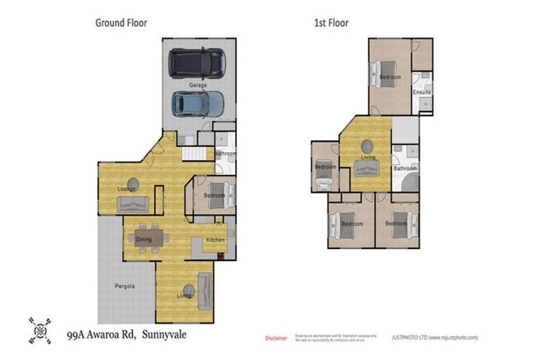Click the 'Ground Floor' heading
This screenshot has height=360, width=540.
pyautogui.click(x=121, y=22)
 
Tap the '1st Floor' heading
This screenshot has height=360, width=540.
pyautogui.click(x=330, y=22)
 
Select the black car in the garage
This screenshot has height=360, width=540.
pyautogui.click(x=197, y=63)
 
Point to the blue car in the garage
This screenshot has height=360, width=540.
pyautogui.click(x=198, y=104)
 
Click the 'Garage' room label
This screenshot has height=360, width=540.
pyautogui.click(x=198, y=84)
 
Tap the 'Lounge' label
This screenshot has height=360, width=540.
pyautogui.click(x=127, y=188)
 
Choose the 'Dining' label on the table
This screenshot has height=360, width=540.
pyautogui.click(x=144, y=240)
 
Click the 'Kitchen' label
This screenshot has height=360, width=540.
pyautogui.click(x=214, y=240)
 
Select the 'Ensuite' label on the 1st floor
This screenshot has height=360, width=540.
pyautogui.click(x=422, y=92)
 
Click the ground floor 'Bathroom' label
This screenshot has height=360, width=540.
pyautogui.click(x=225, y=153)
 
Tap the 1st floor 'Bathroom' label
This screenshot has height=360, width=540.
pyautogui.click(x=406, y=168)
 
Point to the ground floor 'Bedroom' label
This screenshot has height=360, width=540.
pyautogui.click(x=214, y=195)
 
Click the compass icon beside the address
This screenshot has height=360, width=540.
pyautogui.click(x=40, y=330)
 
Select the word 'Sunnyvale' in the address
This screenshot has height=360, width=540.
pyautogui.click(x=165, y=335)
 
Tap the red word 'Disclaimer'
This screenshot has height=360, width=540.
pyautogui.click(x=276, y=338)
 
